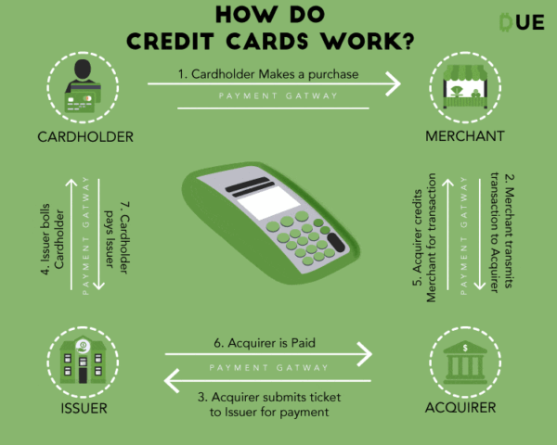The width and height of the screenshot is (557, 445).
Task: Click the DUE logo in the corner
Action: click(522, 22)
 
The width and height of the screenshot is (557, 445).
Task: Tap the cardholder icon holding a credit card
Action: click(83, 86)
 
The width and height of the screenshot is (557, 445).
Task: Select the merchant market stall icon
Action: click(465, 86)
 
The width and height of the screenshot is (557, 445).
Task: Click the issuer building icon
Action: click(83, 361)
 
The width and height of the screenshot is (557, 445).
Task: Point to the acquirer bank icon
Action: click(465, 362)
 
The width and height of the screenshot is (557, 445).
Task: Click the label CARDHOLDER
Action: click(85, 137)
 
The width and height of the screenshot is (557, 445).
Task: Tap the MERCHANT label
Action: click(465, 136)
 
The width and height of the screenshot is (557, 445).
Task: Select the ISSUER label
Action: click(84, 409)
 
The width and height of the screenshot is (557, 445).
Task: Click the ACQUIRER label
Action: click(460, 408)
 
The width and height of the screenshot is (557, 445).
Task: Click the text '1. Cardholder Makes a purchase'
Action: click(268, 74)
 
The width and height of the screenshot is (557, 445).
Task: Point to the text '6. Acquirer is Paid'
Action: click(265, 343)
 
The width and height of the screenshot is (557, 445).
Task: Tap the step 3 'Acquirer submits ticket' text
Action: click(269, 404)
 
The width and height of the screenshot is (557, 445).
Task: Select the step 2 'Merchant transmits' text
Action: click(502, 233)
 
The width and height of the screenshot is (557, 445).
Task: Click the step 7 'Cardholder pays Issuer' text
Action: click(117, 237)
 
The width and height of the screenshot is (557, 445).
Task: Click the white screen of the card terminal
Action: click(268, 202)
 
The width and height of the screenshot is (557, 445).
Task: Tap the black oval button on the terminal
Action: click(336, 243)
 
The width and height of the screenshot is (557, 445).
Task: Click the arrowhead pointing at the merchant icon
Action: click(394, 83)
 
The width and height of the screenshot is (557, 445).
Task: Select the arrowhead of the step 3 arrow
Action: click(172, 381)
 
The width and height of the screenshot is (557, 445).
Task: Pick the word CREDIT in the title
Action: click(171, 41)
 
